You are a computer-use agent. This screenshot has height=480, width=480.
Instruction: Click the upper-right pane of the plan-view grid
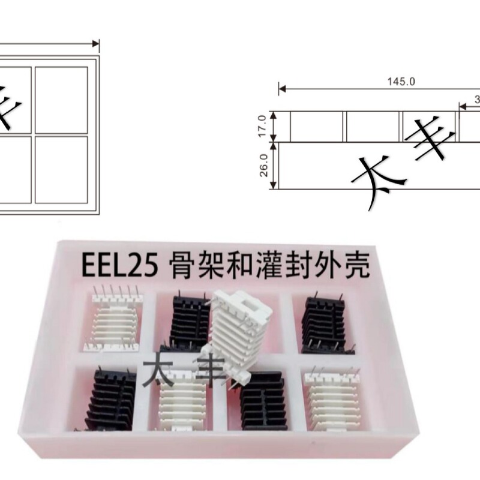coord(61,100)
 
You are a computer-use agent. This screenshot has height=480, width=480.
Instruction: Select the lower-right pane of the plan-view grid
coord(61,169)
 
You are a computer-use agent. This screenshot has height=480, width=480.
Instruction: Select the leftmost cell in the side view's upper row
coord(317,127)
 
